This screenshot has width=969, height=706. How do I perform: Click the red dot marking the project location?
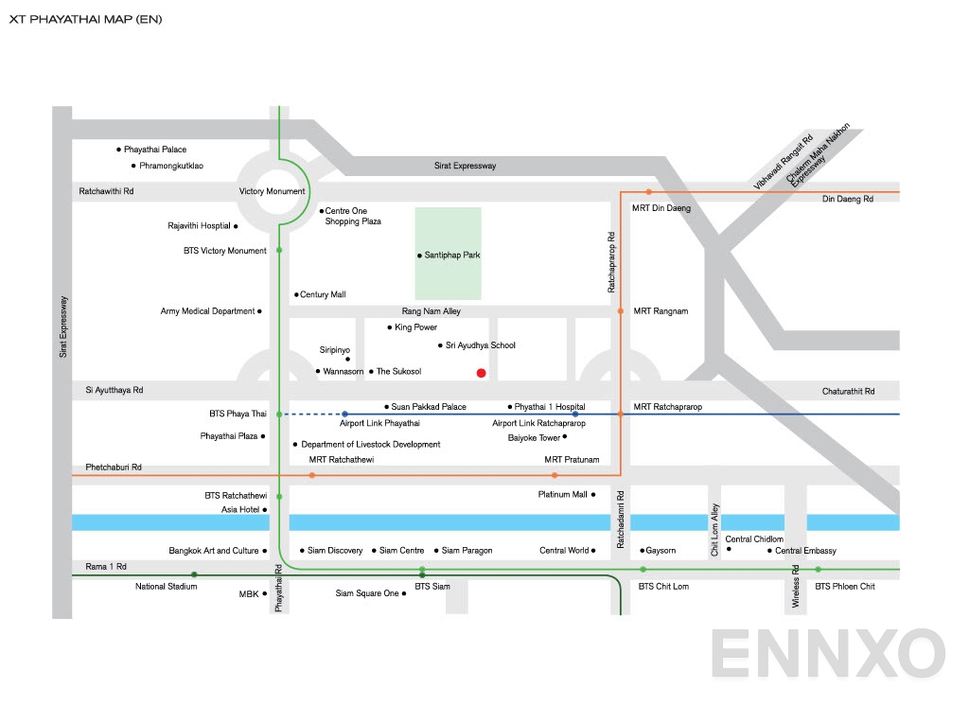pyautogui.click(x=482, y=373)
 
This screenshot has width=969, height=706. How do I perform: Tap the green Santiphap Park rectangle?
pyautogui.click(x=449, y=254)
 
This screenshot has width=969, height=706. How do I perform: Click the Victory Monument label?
pyautogui.click(x=273, y=191)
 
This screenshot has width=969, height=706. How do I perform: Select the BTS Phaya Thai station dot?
pyautogui.click(x=279, y=415)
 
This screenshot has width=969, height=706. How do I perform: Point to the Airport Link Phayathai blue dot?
pyautogui.click(x=344, y=415)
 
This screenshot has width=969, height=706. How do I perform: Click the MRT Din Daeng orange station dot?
pyautogui.click(x=649, y=192)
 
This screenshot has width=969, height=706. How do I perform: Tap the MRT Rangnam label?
pyautogui.click(x=661, y=311)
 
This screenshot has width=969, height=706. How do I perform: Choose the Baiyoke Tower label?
pyautogui.click(x=534, y=438)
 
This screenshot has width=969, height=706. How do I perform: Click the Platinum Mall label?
pyautogui.click(x=562, y=495)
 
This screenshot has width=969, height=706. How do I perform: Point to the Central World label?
pyautogui.click(x=564, y=551)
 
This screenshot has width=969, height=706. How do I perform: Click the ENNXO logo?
pyautogui.click(x=827, y=654)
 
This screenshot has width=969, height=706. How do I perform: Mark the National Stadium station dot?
pyautogui.click(x=194, y=574)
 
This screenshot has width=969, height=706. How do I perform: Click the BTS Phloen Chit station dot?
pyautogui.click(x=819, y=570)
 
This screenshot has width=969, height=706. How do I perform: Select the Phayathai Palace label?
pyautogui.click(x=155, y=150)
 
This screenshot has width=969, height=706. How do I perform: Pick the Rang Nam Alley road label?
pyautogui.click(x=432, y=311)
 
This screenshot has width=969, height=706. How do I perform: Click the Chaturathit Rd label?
pyautogui.click(x=848, y=391)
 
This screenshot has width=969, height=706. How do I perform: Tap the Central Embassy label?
pyautogui.click(x=805, y=551)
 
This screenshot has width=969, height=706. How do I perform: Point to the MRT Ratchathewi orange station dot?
pyautogui.click(x=312, y=474)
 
